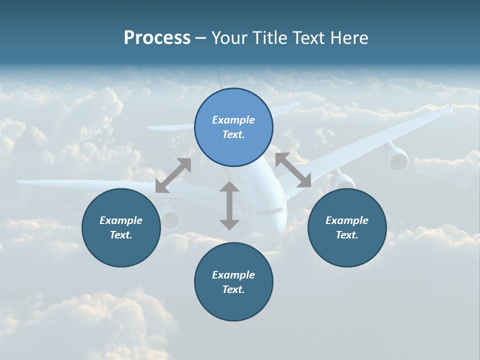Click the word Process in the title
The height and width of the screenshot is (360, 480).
pos(157,38)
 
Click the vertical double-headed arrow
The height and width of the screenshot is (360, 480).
pos(229,205)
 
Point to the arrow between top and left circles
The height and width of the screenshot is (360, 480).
pos(173,175)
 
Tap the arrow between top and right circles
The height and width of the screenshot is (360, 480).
pos(293,170)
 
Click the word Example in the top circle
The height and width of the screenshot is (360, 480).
pos(233,120)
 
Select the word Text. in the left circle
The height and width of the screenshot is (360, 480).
pos(121,235)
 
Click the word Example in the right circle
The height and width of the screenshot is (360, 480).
pos(347,220)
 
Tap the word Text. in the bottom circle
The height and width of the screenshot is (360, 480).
pos(233,289)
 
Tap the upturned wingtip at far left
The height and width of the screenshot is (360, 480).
pos(16,176)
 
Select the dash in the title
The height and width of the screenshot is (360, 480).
pos(201,38)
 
